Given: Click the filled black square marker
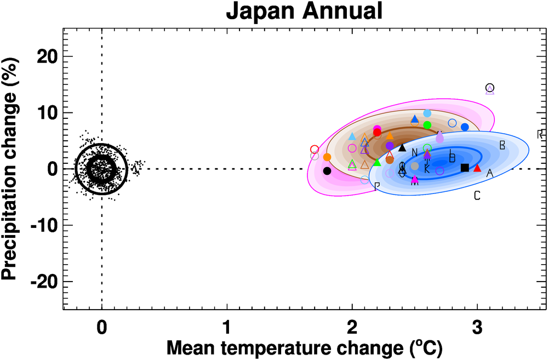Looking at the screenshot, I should pos(465,168).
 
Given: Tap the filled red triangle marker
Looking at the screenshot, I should pos(477,168).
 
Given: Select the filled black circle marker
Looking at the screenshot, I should pos(327,171).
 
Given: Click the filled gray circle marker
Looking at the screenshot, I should pos(415,166).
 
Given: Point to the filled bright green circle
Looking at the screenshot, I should pos(427,125).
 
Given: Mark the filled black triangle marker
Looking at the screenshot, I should pos(402,147).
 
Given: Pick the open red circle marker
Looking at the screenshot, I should pos(315,150).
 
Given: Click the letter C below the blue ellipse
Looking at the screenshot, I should pos(477,196).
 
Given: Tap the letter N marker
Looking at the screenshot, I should pos(415,152).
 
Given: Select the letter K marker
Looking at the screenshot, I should pos(427,169).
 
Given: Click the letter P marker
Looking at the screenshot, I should pos(377,186).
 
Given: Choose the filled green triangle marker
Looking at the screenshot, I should pos(377,163).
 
